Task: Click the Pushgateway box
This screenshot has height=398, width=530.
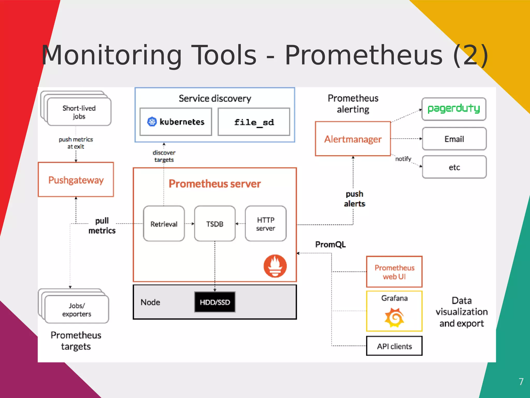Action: pyautogui.click(x=76, y=180)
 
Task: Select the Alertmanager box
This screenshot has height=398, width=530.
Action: pyautogui.click(x=353, y=139)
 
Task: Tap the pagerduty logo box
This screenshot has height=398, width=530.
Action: pyautogui.click(x=454, y=109)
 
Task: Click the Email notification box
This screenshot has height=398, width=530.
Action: pyautogui.click(x=454, y=139)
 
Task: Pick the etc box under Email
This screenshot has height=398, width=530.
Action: pyautogui.click(x=454, y=167)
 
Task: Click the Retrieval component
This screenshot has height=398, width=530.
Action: pyautogui.click(x=164, y=224)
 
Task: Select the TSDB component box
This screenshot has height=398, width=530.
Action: pyautogui.click(x=215, y=224)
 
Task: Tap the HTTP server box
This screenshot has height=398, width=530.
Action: pyautogui.click(x=266, y=224)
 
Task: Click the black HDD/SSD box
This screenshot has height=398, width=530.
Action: pyautogui.click(x=215, y=302)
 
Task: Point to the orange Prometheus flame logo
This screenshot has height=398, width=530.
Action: pyautogui.click(x=275, y=266)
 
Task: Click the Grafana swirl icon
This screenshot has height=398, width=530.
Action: pyautogui.click(x=394, y=317)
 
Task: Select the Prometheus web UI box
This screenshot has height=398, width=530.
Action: pyautogui.click(x=394, y=272)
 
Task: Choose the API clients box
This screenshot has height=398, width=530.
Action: pyautogui.click(x=394, y=346)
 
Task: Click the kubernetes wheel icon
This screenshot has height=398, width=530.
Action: pyautogui.click(x=152, y=122)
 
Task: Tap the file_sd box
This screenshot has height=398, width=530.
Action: pyautogui.click(x=254, y=122)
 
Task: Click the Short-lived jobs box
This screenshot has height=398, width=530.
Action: pyautogui.click(x=79, y=112)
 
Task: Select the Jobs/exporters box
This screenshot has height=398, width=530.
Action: pyautogui.click(x=77, y=310)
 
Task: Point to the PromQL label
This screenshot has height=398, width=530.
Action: pyautogui.click(x=330, y=244)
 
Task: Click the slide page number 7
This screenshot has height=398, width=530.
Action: pyautogui.click(x=521, y=381)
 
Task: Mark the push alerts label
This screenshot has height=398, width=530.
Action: pyautogui.click(x=355, y=199)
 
